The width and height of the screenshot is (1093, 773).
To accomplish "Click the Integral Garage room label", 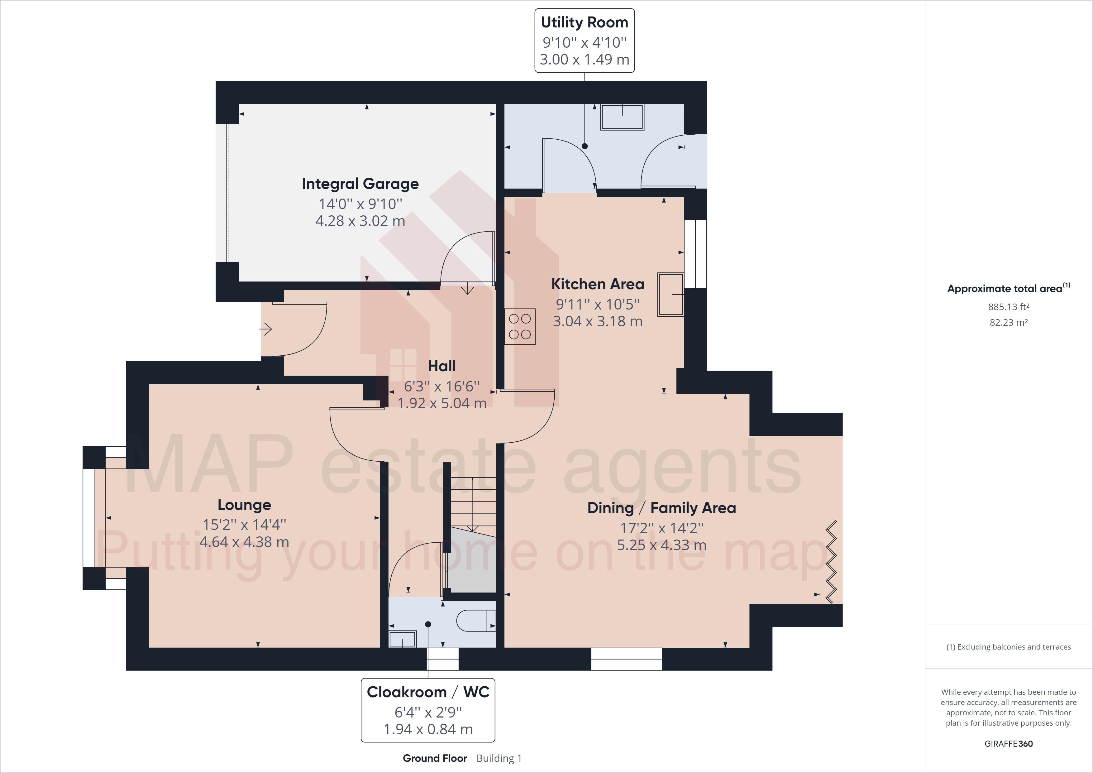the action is [x=360, y=184].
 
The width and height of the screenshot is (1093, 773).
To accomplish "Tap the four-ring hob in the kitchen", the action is [x=520, y=327].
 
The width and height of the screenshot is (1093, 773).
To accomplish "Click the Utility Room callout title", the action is [x=585, y=22].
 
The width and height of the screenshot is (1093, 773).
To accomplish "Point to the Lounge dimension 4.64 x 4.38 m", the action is [x=244, y=542].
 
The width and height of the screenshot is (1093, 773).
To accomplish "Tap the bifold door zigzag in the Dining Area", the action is [x=831, y=562].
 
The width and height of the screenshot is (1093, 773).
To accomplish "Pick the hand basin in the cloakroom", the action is [x=403, y=639].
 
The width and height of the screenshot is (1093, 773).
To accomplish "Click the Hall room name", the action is [x=442, y=366].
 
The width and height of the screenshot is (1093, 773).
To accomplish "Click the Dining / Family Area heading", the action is [x=662, y=508].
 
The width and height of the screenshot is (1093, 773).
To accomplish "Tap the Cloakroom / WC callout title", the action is [x=428, y=692].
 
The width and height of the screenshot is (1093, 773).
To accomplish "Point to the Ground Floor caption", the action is [x=435, y=758].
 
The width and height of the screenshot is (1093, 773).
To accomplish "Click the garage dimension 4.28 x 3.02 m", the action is [x=360, y=221].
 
